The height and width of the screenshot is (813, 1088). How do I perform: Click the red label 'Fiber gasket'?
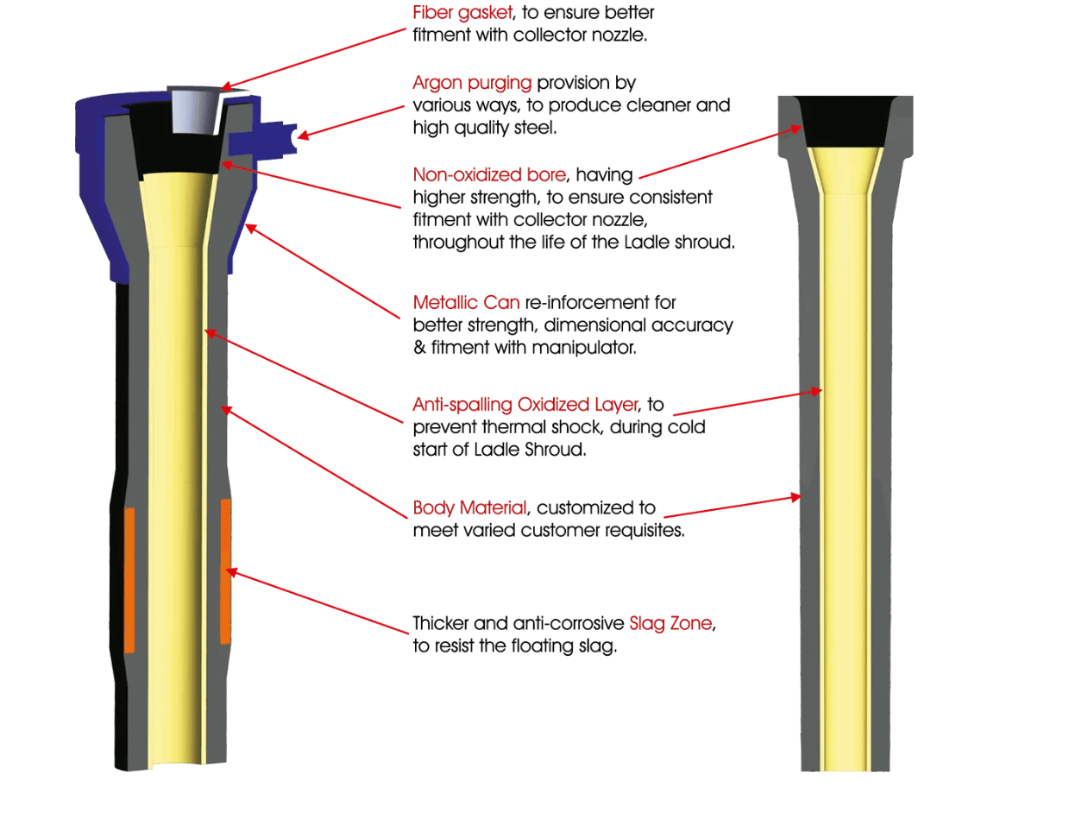462,13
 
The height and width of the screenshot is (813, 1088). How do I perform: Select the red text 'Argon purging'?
472,83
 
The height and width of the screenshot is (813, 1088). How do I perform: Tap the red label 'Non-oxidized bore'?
489,174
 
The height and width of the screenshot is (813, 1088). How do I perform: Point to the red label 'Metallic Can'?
466,303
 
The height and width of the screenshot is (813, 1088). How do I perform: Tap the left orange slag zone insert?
129,580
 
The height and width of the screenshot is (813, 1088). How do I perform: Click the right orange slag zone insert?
226,570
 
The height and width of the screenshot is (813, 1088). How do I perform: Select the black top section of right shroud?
845,122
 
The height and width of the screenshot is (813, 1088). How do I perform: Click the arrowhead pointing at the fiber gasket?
225,86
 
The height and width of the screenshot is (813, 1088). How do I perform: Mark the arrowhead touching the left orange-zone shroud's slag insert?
230,570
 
